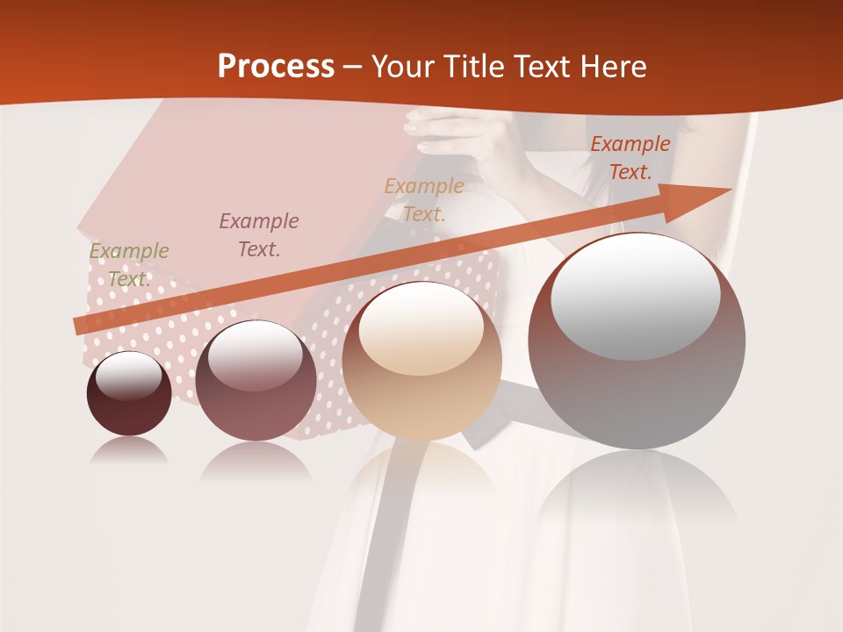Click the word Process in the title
point(276,67)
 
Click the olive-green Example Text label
point(129,264)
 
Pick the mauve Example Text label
point(259,234)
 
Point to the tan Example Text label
point(424,199)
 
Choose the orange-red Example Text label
point(630,158)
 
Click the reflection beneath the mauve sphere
point(256,462)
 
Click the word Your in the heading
point(402,67)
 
